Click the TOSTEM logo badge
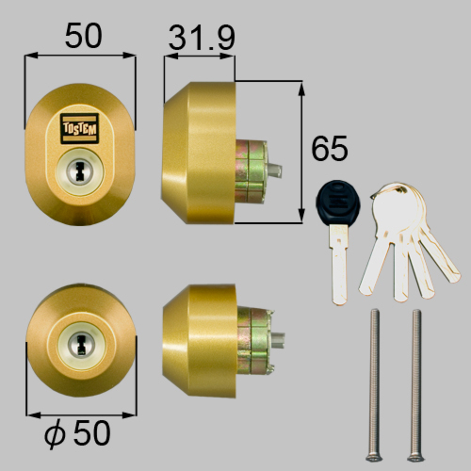pos(80,129)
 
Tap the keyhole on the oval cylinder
pos(80,171)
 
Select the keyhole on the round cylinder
pos(81,344)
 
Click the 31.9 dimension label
pos(202,39)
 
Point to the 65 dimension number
pos(330,148)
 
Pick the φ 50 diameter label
pos(77,433)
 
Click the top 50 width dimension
pos(83,35)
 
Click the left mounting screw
pos(374,385)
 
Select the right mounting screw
pos(415,385)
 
